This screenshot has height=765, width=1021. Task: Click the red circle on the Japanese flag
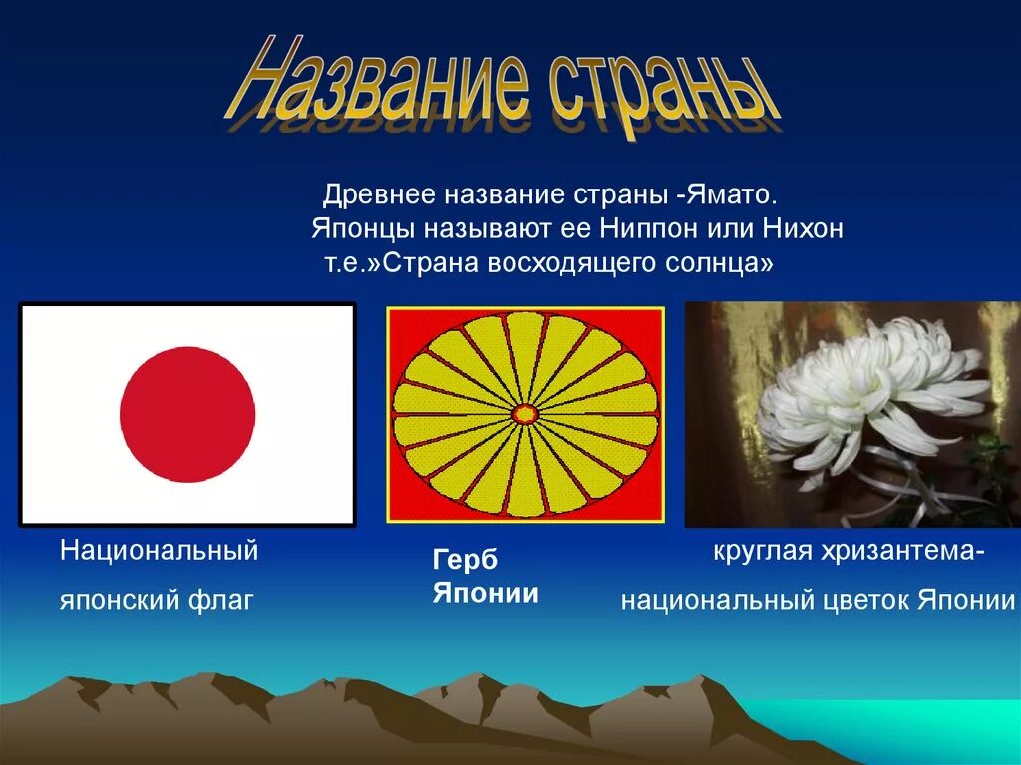(x=187, y=414)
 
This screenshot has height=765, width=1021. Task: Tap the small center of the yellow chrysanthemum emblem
(x=525, y=413)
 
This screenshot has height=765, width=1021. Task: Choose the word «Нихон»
(x=803, y=229)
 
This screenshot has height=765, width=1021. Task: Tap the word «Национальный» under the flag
(x=160, y=550)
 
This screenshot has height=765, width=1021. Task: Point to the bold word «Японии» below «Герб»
(x=485, y=594)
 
